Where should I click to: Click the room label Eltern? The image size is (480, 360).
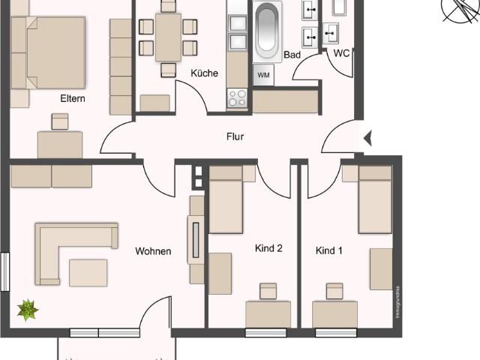pyautogui.click(x=73, y=97)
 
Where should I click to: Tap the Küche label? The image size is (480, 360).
pyautogui.click(x=204, y=73)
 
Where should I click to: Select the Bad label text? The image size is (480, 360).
pyautogui.click(x=292, y=55)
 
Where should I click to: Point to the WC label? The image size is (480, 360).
pyautogui.click(x=340, y=53)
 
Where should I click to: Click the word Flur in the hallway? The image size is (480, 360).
pyautogui.click(x=235, y=137)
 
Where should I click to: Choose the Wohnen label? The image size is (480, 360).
pyautogui.click(x=153, y=251)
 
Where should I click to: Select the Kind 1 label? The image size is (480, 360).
pyautogui.click(x=328, y=250)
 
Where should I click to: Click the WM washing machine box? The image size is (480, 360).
pyautogui.click(x=263, y=75)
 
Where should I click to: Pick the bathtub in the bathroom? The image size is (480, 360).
pyautogui.click(x=268, y=31)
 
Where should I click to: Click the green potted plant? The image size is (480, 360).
pyautogui.click(x=28, y=309)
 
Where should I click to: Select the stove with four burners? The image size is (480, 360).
pyautogui.click(x=237, y=97)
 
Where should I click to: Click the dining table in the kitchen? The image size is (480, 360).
pyautogui.click(x=168, y=37)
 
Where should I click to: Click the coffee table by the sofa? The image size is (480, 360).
pyautogui.click(x=88, y=272)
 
